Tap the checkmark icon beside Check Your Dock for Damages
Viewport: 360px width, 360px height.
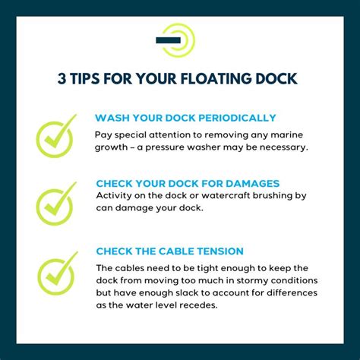[x=56, y=201]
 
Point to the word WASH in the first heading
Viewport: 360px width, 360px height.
[x=111, y=118]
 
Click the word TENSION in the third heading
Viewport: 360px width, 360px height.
[x=221, y=250]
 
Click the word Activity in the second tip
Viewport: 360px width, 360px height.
[x=115, y=196]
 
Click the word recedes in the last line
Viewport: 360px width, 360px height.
[x=204, y=305]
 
